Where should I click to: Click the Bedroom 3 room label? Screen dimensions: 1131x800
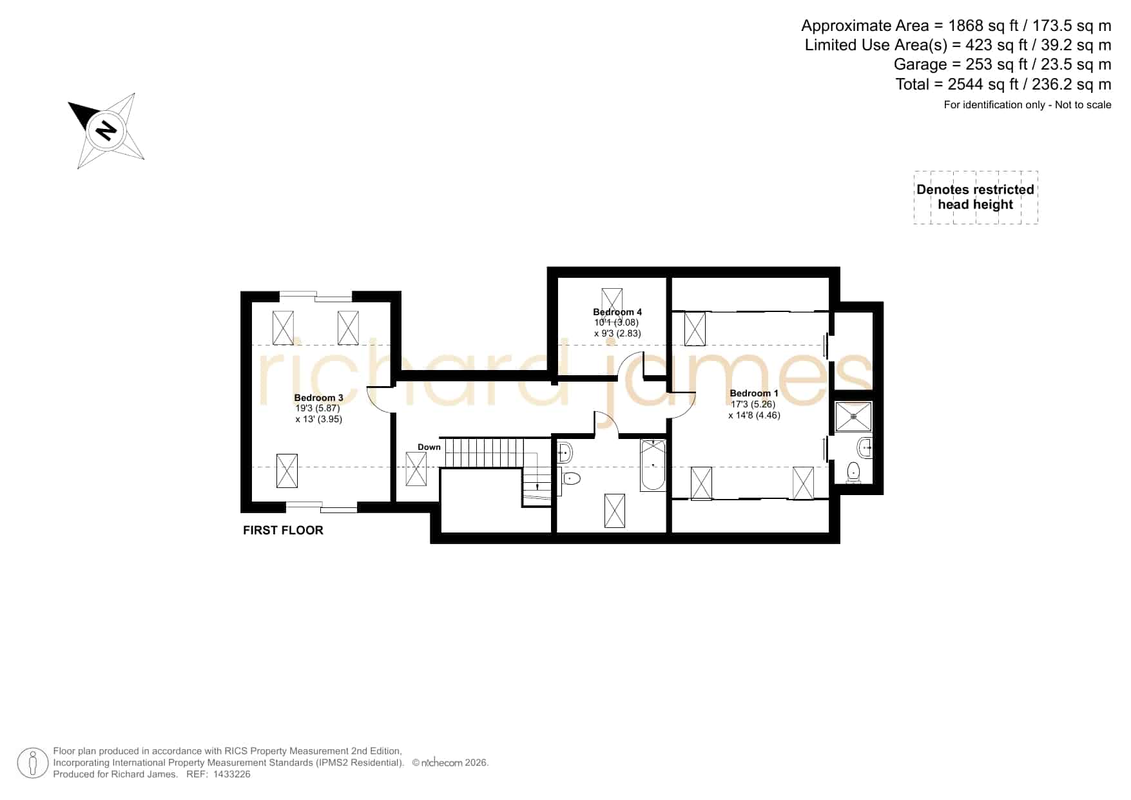318,398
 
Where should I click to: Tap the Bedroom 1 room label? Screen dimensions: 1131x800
754,393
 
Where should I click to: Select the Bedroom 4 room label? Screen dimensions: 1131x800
617,312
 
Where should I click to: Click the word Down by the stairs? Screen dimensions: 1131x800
429,447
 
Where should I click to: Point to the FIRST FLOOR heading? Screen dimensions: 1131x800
283,530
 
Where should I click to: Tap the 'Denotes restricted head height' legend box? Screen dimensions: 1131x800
976,197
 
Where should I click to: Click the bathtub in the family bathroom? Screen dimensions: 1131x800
653,465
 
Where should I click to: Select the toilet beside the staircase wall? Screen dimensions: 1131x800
570,478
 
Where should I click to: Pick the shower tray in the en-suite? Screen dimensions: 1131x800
854,416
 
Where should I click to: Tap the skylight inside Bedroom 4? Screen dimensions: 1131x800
612,302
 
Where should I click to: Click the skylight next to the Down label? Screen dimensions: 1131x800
416,469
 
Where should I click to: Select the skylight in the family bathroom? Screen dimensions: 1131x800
614,511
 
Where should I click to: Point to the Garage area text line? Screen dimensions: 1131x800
1002,64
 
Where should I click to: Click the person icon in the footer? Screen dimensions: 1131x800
33,763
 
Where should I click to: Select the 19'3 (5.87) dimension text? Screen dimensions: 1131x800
318,408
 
